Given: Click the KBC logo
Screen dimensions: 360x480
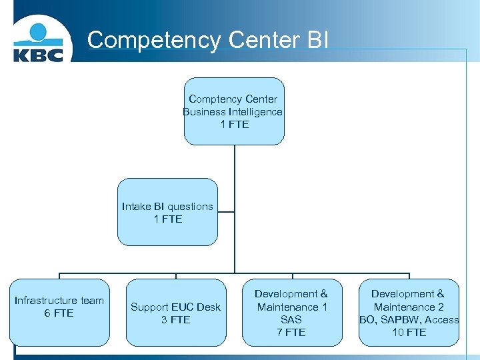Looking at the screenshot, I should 39,42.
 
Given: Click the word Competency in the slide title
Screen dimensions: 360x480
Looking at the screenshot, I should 154,40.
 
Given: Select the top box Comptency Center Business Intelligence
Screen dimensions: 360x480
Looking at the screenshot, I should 234,111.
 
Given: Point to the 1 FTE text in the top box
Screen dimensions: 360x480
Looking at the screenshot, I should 234,125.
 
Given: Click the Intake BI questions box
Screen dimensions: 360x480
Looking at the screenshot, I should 167,212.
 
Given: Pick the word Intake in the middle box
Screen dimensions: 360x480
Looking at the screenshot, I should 137,206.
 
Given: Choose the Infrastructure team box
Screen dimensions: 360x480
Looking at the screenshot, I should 59,312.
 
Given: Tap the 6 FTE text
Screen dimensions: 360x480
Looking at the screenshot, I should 59,313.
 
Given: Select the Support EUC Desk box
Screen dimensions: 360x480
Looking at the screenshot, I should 175,313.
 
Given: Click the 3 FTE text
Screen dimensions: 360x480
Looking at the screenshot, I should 175,320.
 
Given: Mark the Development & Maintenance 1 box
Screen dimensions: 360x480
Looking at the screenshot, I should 291,313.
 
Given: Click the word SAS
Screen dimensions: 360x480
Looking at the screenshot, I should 291,320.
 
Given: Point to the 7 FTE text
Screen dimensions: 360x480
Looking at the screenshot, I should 291,333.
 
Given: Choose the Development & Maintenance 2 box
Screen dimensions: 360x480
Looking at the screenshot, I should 408,313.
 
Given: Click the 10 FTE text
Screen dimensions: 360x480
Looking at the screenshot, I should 408,333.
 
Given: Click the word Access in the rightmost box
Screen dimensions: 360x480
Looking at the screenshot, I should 441,320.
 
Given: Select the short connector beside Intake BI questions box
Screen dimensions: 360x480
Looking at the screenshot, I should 226,213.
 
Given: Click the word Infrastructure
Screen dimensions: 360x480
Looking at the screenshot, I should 42,301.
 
